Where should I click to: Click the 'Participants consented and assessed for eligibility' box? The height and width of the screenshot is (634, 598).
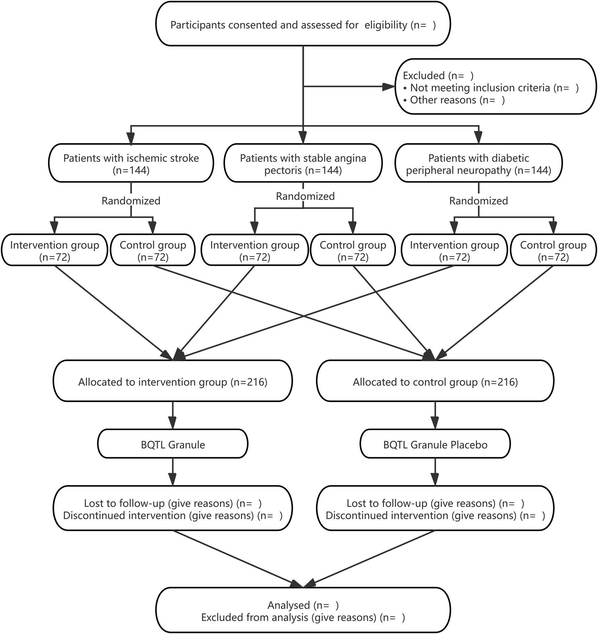[x=303, y=25]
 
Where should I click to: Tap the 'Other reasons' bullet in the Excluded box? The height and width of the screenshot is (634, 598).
[x=454, y=100]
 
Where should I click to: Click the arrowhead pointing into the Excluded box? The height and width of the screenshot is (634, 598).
[x=389, y=87]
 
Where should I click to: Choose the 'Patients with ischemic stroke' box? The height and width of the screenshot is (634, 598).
[x=131, y=164]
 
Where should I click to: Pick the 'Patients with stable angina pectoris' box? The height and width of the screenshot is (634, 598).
[x=303, y=164]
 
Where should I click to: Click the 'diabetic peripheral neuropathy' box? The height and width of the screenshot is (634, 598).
[x=478, y=164]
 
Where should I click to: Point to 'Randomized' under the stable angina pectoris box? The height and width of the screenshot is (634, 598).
[x=305, y=196]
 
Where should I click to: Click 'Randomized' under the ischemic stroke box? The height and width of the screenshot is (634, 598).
[x=131, y=201]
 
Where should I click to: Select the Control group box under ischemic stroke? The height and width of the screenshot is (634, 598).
[x=153, y=251]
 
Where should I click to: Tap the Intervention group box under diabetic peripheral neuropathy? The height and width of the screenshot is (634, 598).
[x=454, y=251]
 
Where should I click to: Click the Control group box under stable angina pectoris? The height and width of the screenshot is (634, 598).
[x=353, y=251]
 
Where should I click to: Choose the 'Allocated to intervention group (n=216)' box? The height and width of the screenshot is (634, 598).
[x=172, y=382]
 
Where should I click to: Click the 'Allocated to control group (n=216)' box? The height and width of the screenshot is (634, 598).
[x=435, y=382]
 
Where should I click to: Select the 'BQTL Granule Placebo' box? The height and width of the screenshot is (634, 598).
[x=435, y=445]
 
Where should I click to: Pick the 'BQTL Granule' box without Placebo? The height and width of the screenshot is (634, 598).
[x=172, y=445]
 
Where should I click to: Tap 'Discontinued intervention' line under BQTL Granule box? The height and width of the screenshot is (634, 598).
[x=172, y=516]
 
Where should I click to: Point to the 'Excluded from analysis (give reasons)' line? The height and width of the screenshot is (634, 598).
[x=303, y=617]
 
